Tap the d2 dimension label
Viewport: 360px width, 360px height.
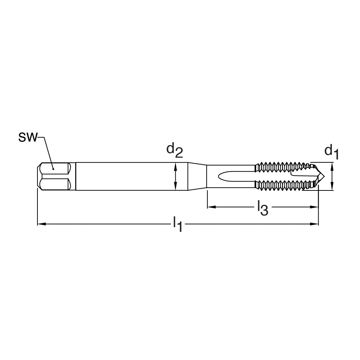[175, 150]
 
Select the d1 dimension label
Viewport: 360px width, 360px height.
[332, 152]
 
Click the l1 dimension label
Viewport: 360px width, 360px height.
[178, 224]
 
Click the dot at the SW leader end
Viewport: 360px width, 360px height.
[53, 169]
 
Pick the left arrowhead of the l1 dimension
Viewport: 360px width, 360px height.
[41, 224]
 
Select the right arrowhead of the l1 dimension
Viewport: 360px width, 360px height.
[315, 224]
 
